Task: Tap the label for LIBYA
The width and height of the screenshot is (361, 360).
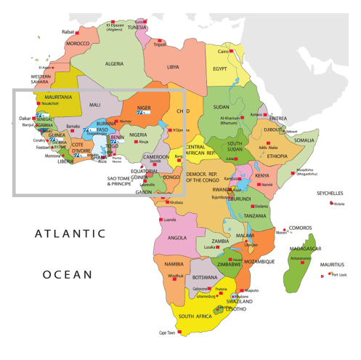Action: [x=173, y=67]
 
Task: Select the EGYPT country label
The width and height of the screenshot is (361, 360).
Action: [x=220, y=69]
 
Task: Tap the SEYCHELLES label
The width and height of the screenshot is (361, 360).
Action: [x=330, y=193]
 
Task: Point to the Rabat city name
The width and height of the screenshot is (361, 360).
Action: [x=68, y=32]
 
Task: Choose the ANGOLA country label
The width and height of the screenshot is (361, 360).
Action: [x=177, y=237]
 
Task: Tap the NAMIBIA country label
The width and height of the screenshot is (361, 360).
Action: [x=174, y=264]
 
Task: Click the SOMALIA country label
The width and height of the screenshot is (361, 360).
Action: [x=304, y=140]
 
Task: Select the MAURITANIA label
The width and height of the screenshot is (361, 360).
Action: [x=58, y=97]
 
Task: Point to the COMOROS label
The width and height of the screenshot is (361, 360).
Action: [x=300, y=228]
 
